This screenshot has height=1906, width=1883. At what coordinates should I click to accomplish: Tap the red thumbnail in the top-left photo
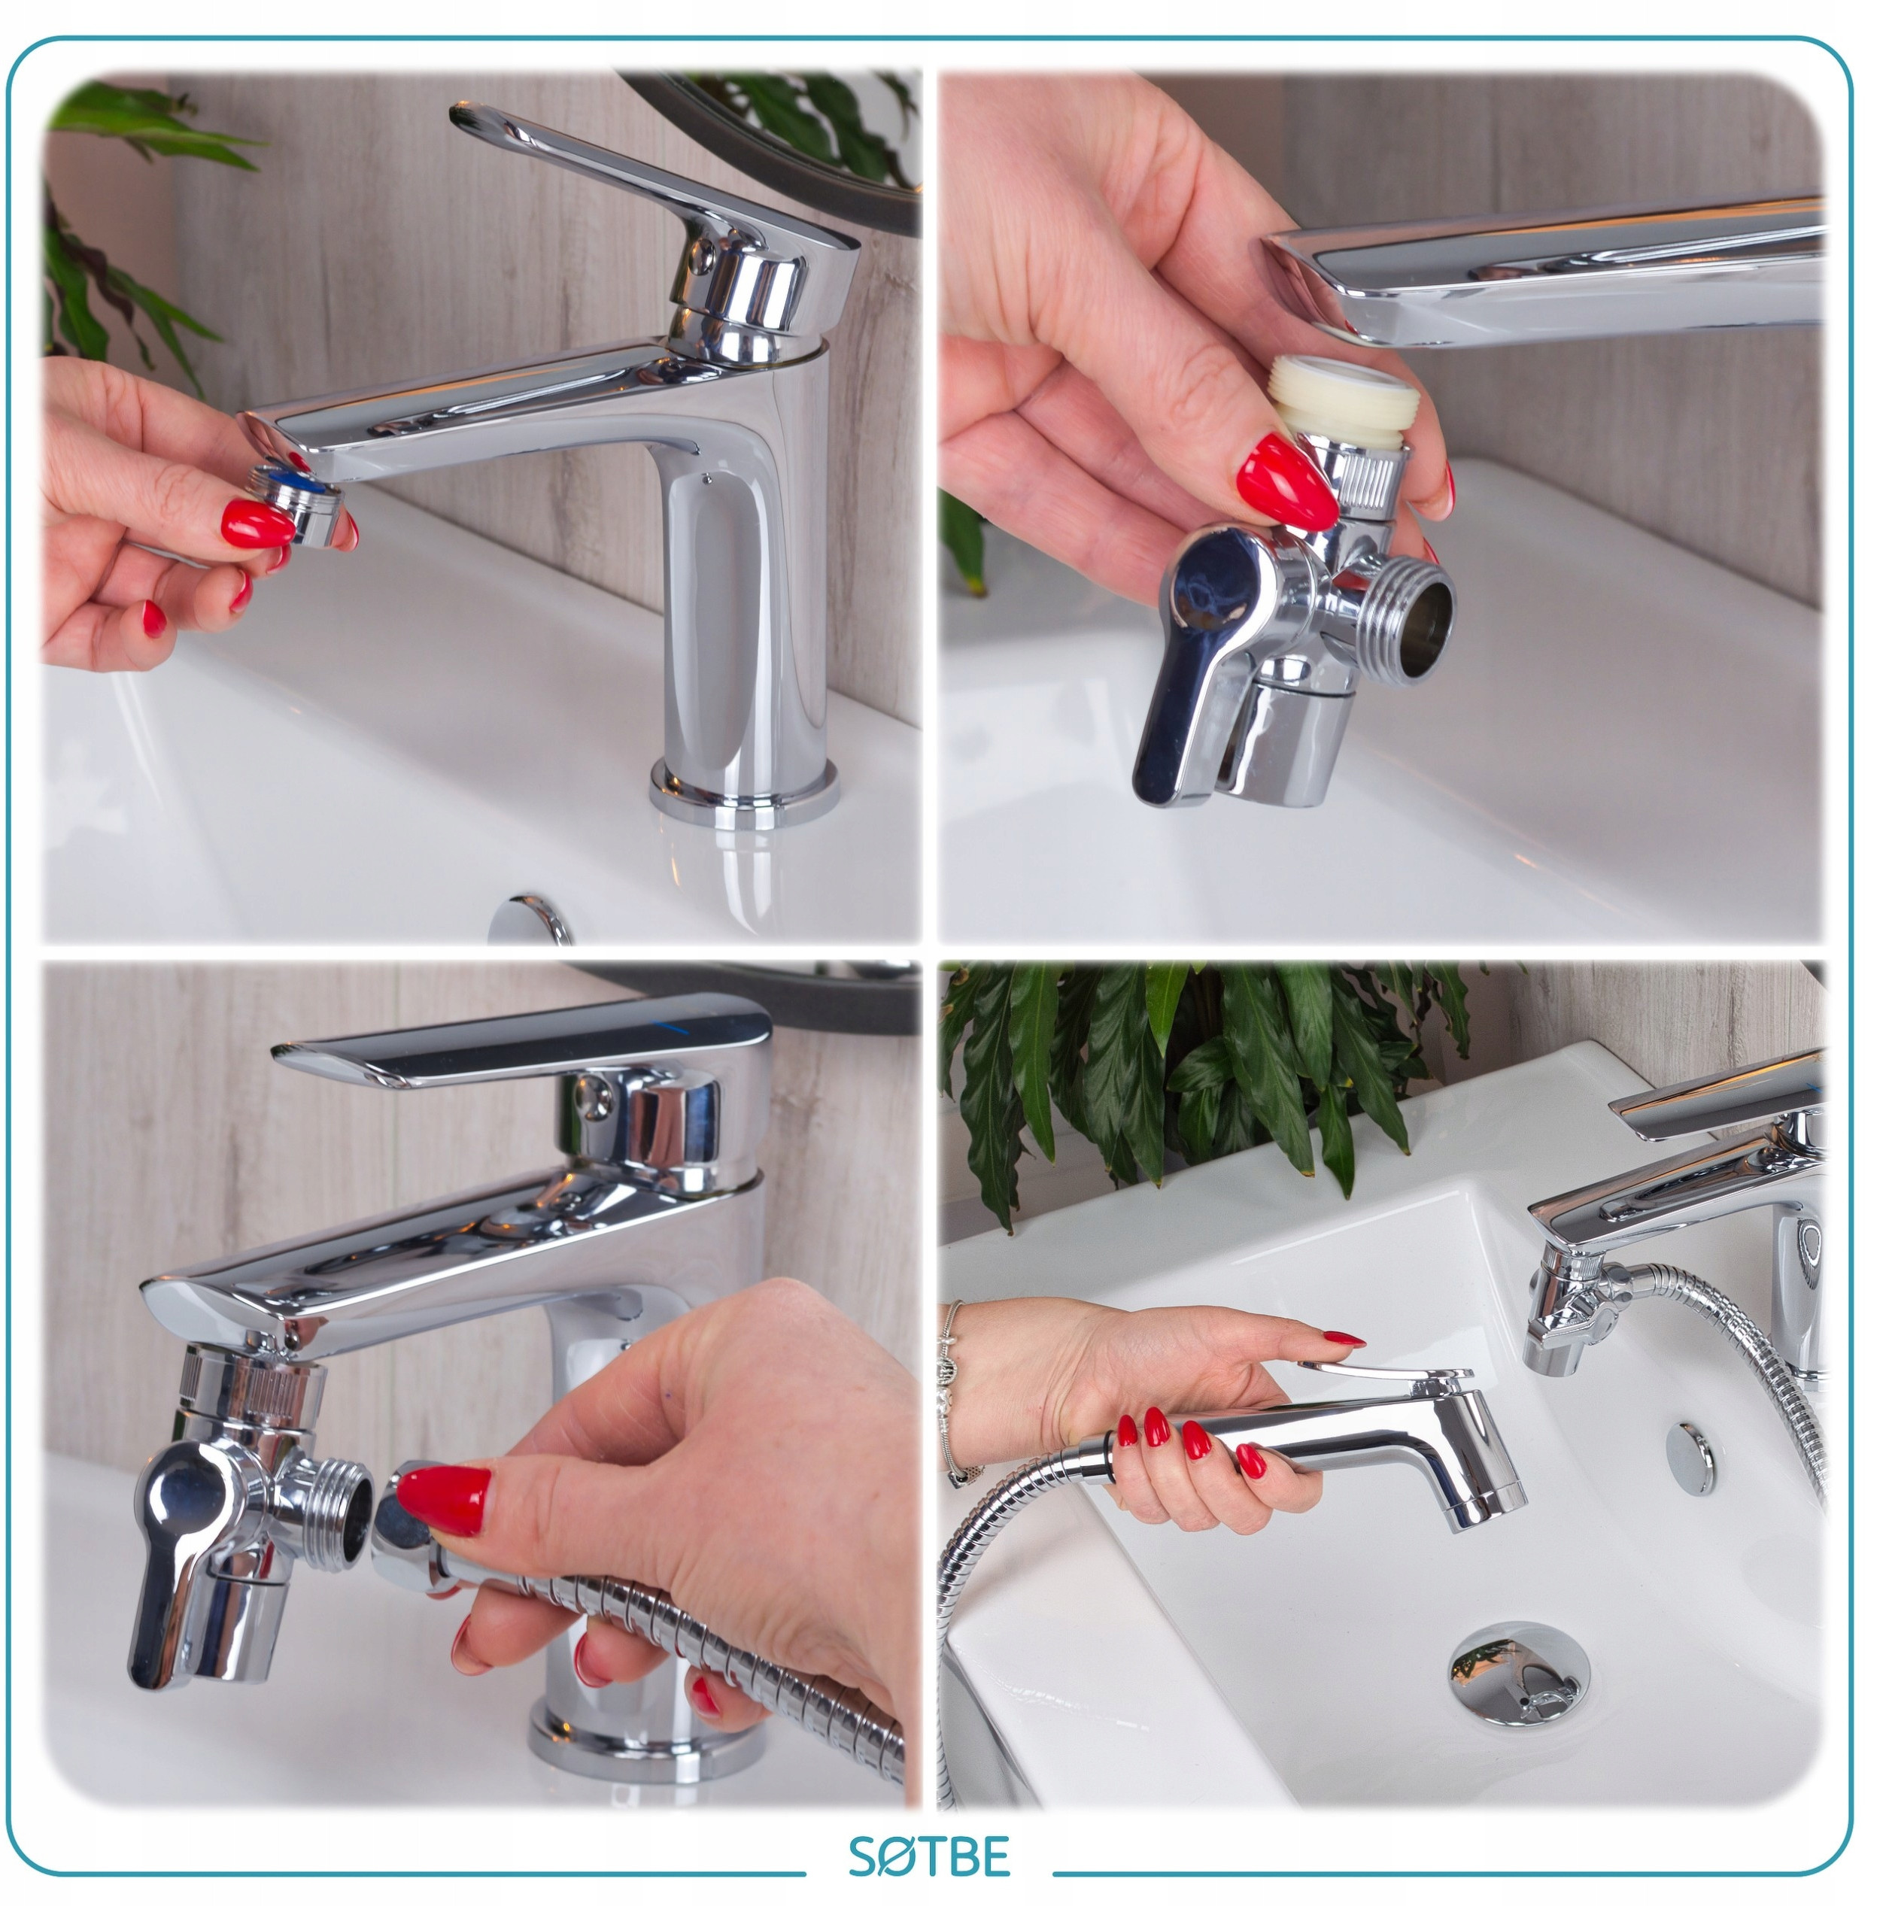coord(257,523)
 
